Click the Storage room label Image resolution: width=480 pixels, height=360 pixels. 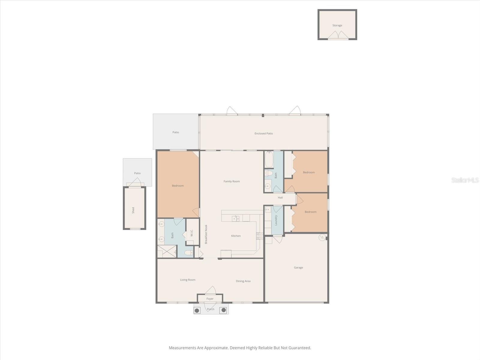click(x=337, y=25)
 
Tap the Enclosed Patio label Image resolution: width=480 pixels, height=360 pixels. click(x=264, y=133)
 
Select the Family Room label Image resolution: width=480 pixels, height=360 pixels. click(x=232, y=181)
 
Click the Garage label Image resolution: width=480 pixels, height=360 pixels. click(x=298, y=268)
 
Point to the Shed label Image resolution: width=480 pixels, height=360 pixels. click(x=133, y=210)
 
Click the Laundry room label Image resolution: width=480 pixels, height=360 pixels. click(x=276, y=220)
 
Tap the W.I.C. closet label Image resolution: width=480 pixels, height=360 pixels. click(x=192, y=233)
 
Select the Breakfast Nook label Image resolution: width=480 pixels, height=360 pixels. click(x=206, y=234)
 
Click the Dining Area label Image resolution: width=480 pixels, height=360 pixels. click(x=243, y=281)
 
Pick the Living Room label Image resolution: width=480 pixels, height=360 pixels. click(x=187, y=280)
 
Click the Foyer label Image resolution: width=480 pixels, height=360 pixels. click(x=210, y=299)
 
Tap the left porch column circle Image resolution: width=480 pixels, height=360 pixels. click(x=197, y=310)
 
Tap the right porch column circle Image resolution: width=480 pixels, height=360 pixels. click(x=223, y=310)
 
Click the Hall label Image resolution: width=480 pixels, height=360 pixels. click(x=280, y=198)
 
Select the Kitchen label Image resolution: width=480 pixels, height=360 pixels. click(x=236, y=236)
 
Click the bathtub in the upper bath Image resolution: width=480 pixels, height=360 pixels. click(x=269, y=160)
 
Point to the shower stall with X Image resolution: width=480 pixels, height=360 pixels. click(x=167, y=251)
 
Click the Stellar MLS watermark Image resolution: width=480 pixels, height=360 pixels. click(x=465, y=180)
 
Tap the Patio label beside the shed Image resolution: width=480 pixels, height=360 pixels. click(x=137, y=173)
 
